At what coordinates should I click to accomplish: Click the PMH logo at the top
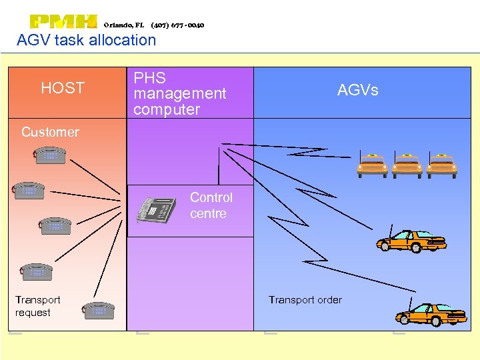click(x=63, y=22)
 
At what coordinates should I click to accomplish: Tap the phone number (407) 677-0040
click(x=177, y=25)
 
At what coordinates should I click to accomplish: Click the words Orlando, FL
click(x=124, y=25)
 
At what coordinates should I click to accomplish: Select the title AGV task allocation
click(x=86, y=40)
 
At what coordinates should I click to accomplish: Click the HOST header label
click(x=63, y=88)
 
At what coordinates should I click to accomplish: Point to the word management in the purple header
click(x=180, y=94)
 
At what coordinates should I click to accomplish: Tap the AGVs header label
click(x=357, y=90)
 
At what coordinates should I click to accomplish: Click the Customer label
click(x=50, y=132)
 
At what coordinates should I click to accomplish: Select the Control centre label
click(x=211, y=205)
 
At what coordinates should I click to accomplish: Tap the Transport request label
click(x=37, y=307)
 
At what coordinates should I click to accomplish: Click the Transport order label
click(x=305, y=300)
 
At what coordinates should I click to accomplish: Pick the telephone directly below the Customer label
click(x=50, y=155)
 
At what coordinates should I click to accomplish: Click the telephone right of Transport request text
click(x=99, y=310)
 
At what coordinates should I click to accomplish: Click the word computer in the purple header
click(x=167, y=109)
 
